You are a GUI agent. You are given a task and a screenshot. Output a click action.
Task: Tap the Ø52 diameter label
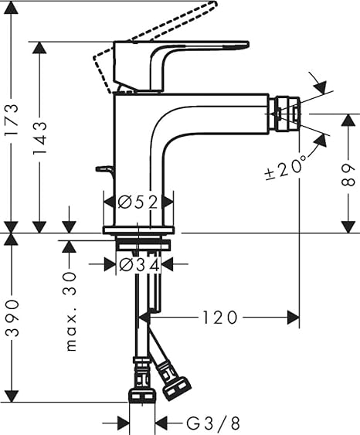[138, 202]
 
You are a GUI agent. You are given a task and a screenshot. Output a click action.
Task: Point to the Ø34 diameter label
[140, 264]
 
